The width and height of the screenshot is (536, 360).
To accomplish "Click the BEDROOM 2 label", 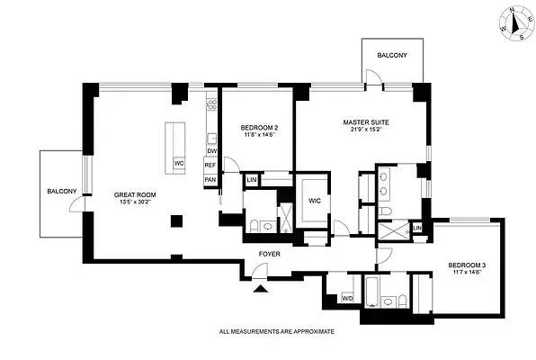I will click(258, 129).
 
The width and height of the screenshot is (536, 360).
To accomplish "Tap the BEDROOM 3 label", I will click(468, 265).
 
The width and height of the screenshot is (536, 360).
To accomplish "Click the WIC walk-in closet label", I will click(316, 201).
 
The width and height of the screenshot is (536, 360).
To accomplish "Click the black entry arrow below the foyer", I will click(260, 288).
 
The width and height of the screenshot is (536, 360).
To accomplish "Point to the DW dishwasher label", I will click(211, 151).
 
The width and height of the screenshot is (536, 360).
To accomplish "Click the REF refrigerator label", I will click(210, 166).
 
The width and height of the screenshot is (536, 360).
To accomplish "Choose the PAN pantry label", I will click(210, 180).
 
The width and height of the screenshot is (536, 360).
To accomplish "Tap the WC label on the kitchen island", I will click(178, 164).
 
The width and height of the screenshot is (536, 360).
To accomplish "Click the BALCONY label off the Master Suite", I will click(391, 56).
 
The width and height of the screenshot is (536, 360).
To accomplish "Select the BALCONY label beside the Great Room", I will click(62, 191).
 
